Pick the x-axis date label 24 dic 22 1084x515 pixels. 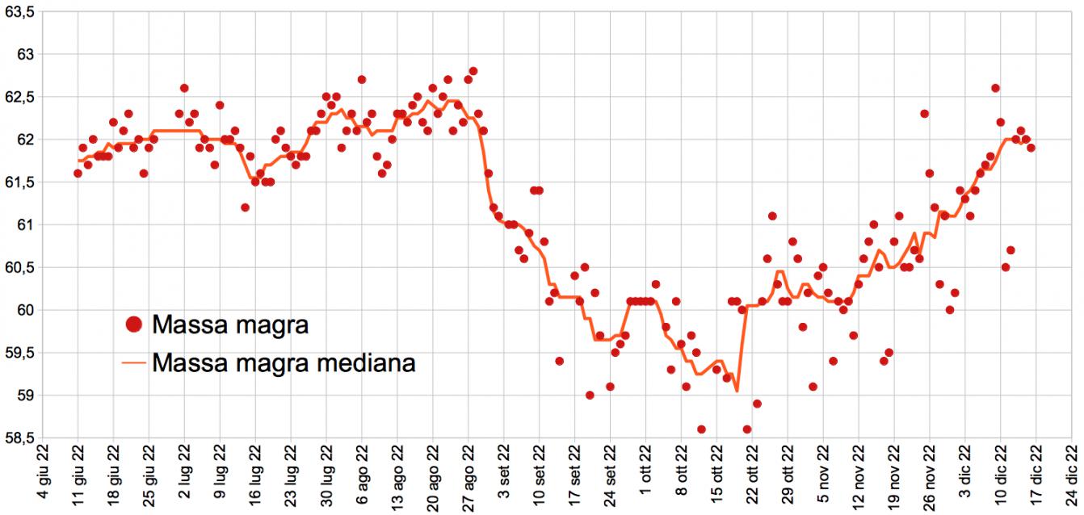1072,476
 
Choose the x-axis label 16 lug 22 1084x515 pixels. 255,476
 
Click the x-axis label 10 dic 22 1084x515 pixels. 1001,476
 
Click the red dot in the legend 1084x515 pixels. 134,325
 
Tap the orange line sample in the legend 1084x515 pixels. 134,363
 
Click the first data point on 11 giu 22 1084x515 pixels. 78,174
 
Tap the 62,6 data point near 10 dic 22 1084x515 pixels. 995,88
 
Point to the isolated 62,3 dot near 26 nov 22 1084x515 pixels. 924,114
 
